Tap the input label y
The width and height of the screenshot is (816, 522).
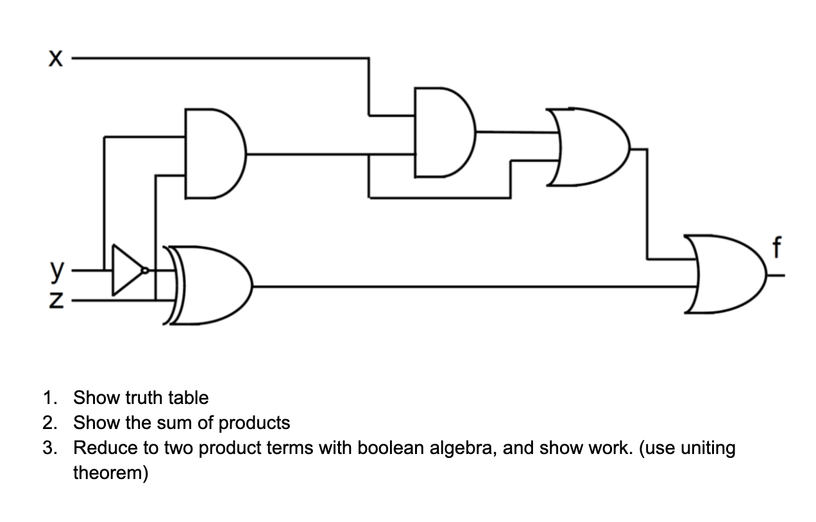(x=56, y=273)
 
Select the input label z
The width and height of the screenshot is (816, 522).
(x=56, y=299)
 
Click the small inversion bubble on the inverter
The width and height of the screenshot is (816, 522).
(x=146, y=271)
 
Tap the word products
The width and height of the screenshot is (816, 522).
(x=255, y=423)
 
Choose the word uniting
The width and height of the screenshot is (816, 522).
(x=702, y=448)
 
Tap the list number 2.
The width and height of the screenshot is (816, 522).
(x=49, y=423)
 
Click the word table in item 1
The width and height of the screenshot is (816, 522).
(x=188, y=398)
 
